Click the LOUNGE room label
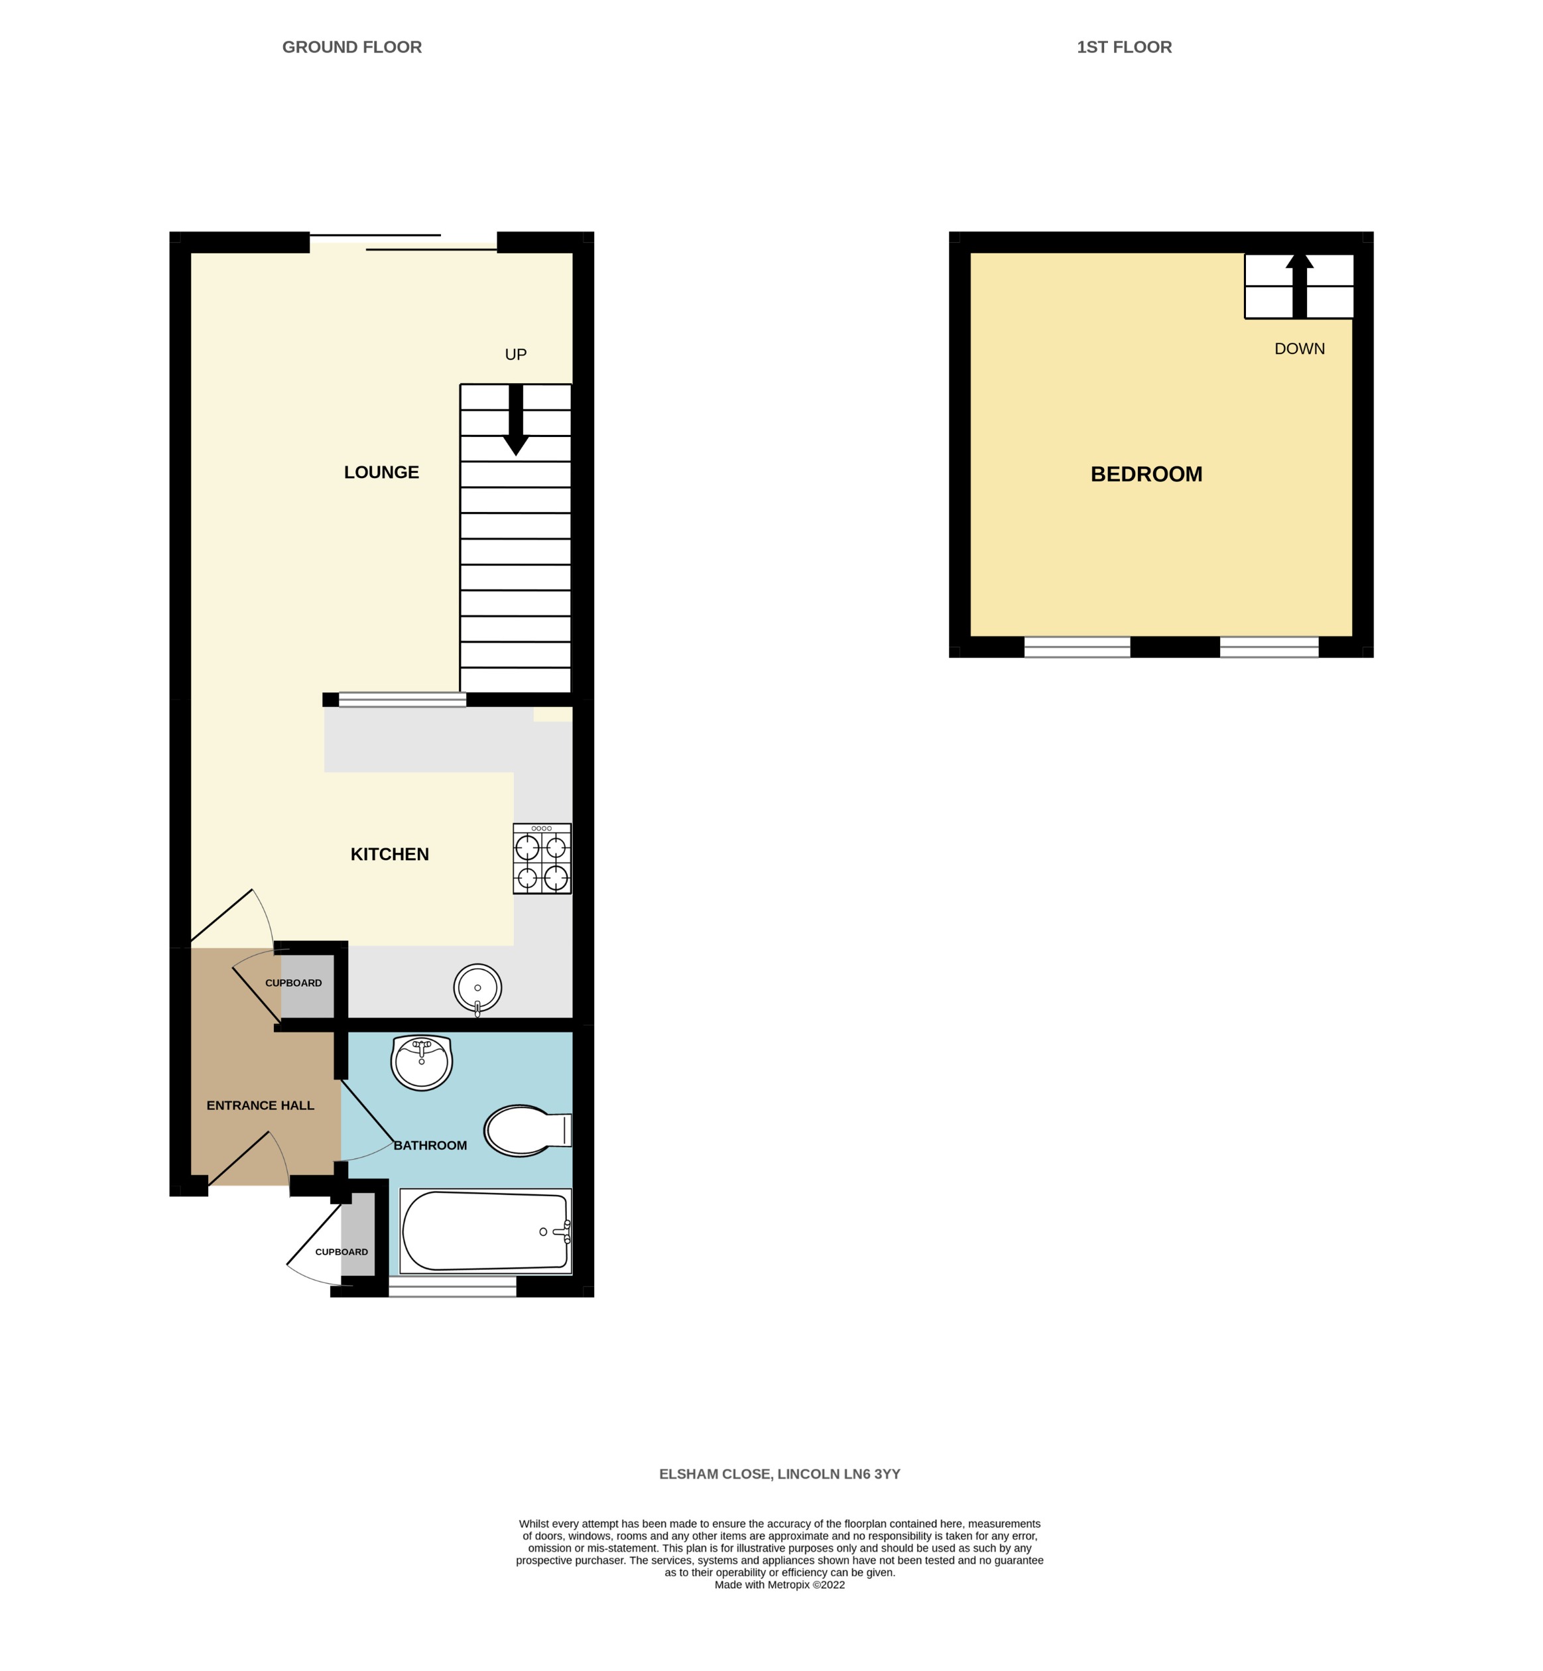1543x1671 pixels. click(x=381, y=473)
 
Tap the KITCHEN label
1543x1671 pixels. click(x=389, y=854)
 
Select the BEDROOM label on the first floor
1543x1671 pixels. click(x=1146, y=474)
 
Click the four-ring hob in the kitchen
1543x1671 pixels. click(x=542, y=859)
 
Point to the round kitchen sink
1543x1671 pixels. click(x=477, y=988)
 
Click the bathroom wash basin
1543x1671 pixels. click(x=422, y=1062)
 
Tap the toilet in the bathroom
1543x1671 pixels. click(x=525, y=1131)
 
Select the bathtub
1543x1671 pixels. click(x=485, y=1232)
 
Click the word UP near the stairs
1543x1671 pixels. click(x=515, y=355)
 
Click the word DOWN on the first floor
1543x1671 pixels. click(x=1298, y=349)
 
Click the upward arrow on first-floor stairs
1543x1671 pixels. click(x=1298, y=284)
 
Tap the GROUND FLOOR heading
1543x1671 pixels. click(x=351, y=48)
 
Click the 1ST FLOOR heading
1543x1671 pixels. click(x=1123, y=48)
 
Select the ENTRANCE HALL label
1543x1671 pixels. click(x=260, y=1105)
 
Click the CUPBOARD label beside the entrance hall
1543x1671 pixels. click(x=293, y=983)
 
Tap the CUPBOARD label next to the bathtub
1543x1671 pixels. click(x=341, y=1252)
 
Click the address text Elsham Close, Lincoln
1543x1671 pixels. click(x=779, y=1474)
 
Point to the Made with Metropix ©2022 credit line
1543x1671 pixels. click(x=779, y=1585)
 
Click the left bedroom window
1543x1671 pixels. click(x=1076, y=647)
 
